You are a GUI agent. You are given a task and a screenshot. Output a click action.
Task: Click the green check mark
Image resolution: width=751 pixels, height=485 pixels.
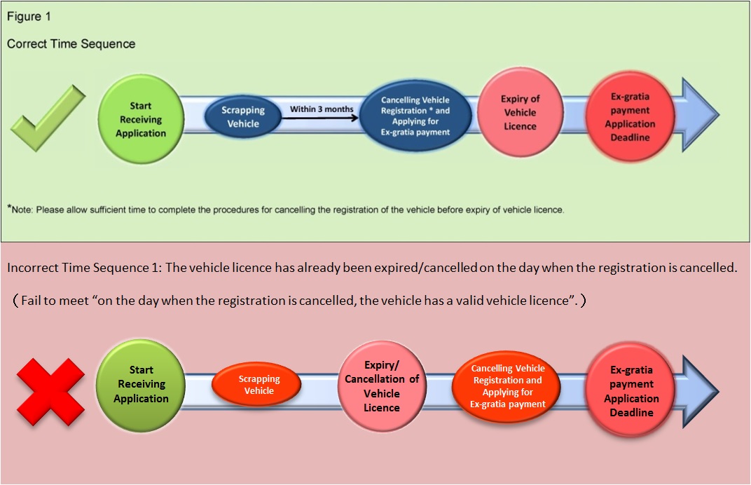click(48, 118)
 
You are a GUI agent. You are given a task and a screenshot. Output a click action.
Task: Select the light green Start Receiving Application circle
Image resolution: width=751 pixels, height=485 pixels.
click(141, 119)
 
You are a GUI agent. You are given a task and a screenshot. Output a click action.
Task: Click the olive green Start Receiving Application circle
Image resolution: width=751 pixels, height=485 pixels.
click(141, 384)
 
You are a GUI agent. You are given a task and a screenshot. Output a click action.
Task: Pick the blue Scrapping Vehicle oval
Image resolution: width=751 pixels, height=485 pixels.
click(242, 117)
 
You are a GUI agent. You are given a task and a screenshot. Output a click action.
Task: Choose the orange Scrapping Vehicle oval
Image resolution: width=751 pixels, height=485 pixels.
click(259, 384)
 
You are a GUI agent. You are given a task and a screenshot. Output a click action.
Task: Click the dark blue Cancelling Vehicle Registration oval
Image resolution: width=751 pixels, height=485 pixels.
click(415, 116)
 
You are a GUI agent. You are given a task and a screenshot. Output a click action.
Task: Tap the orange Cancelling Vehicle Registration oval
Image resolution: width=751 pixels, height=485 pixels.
click(508, 385)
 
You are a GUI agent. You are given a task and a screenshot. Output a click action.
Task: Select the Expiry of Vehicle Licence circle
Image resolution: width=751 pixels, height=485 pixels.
click(520, 113)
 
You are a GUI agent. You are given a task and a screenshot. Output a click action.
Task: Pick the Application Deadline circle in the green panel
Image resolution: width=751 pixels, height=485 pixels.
click(630, 117)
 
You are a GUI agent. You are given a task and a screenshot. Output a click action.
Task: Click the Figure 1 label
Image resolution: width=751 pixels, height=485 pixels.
click(29, 15)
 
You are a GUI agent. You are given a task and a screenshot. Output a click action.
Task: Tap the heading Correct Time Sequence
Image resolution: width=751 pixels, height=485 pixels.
click(71, 43)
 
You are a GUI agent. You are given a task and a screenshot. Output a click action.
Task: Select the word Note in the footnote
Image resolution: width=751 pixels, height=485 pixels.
click(25, 210)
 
